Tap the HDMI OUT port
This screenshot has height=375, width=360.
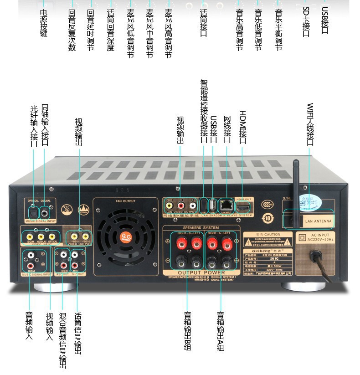[244, 207]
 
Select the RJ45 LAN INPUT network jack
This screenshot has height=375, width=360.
[226, 205]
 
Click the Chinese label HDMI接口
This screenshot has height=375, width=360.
[242, 127]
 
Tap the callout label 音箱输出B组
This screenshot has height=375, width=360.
[187, 331]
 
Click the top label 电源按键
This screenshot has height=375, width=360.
[44, 24]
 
